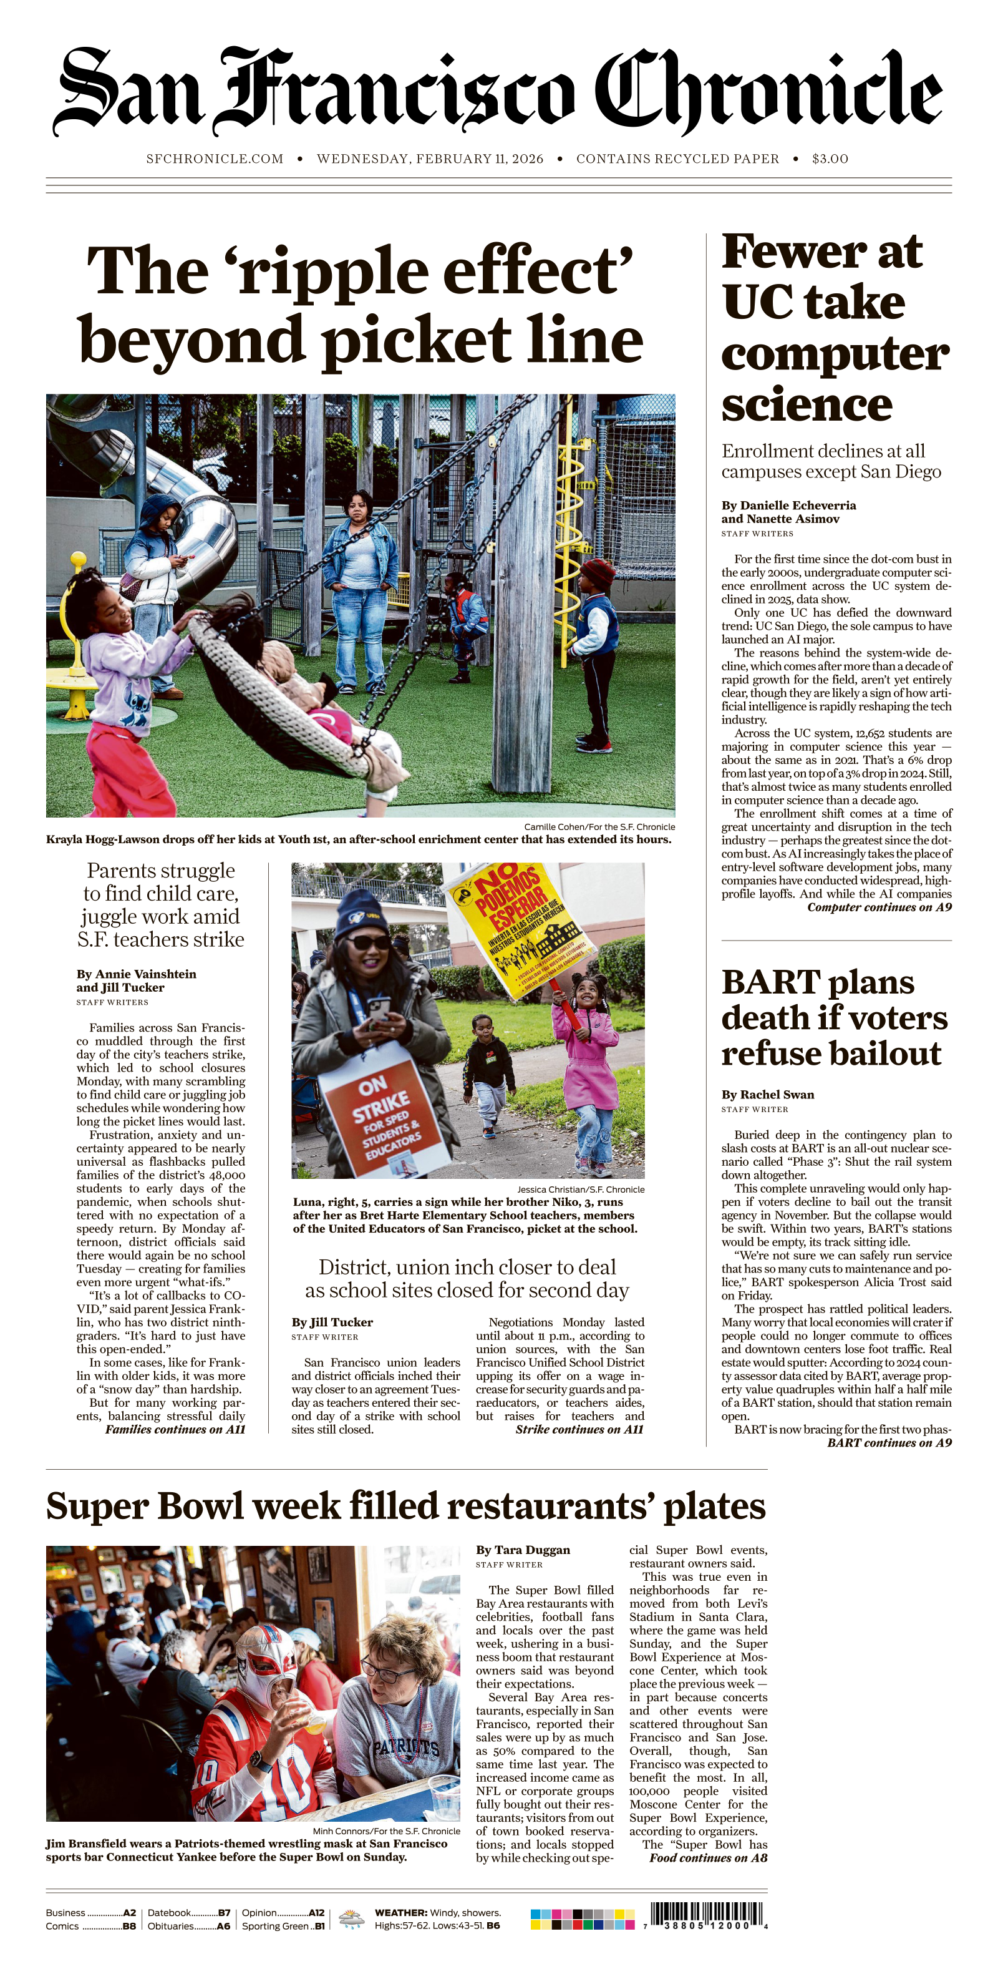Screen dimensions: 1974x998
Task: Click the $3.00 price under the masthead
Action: click(830, 159)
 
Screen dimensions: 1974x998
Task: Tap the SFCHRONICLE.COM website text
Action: click(215, 159)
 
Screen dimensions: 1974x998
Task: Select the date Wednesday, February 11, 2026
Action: click(430, 159)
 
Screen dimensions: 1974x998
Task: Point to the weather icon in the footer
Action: click(352, 1918)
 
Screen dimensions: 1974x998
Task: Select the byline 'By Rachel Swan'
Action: click(767, 1094)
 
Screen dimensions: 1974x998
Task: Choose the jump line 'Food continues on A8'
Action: click(708, 1857)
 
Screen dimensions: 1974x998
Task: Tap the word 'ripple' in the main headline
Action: click(335, 272)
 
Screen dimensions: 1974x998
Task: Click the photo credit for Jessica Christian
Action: click(580, 1190)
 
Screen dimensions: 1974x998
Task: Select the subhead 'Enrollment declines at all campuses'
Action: click(830, 461)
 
